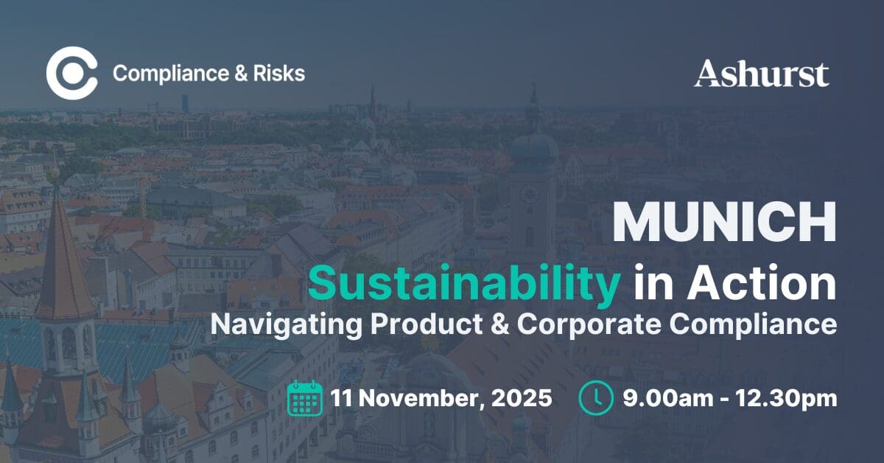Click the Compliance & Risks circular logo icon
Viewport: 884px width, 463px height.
point(71,73)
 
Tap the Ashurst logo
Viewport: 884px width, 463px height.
point(761,74)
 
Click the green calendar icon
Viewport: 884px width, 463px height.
point(305,399)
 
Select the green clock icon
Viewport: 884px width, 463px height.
point(596,399)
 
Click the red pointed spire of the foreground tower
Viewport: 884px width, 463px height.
point(63,258)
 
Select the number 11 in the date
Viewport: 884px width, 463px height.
point(342,399)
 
